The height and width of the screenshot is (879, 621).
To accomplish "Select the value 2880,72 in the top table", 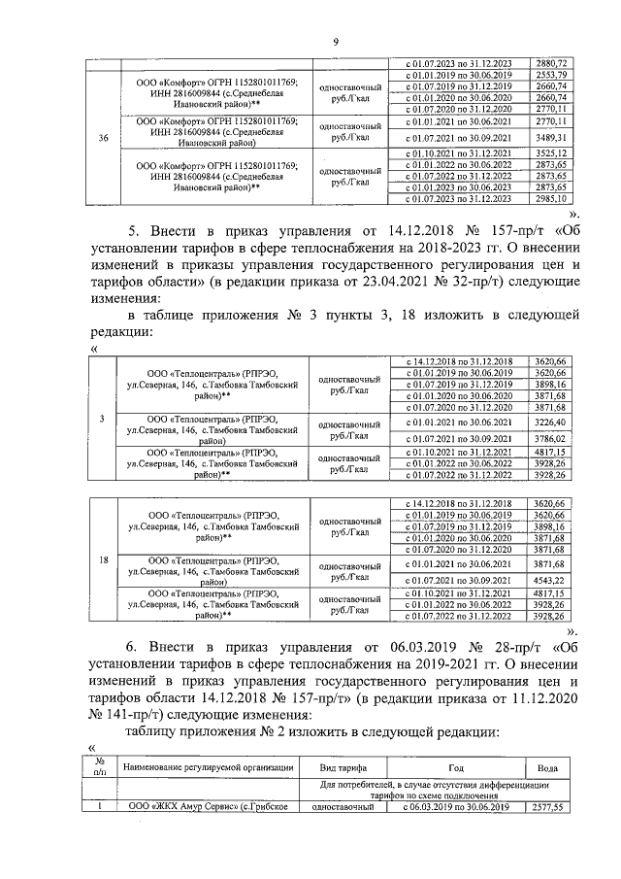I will coord(550,64).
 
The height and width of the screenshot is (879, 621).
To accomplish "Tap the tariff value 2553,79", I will coord(550,75).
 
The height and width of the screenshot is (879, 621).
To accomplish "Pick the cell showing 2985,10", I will coord(550,198).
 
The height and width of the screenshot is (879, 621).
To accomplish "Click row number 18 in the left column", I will coord(104,559).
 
